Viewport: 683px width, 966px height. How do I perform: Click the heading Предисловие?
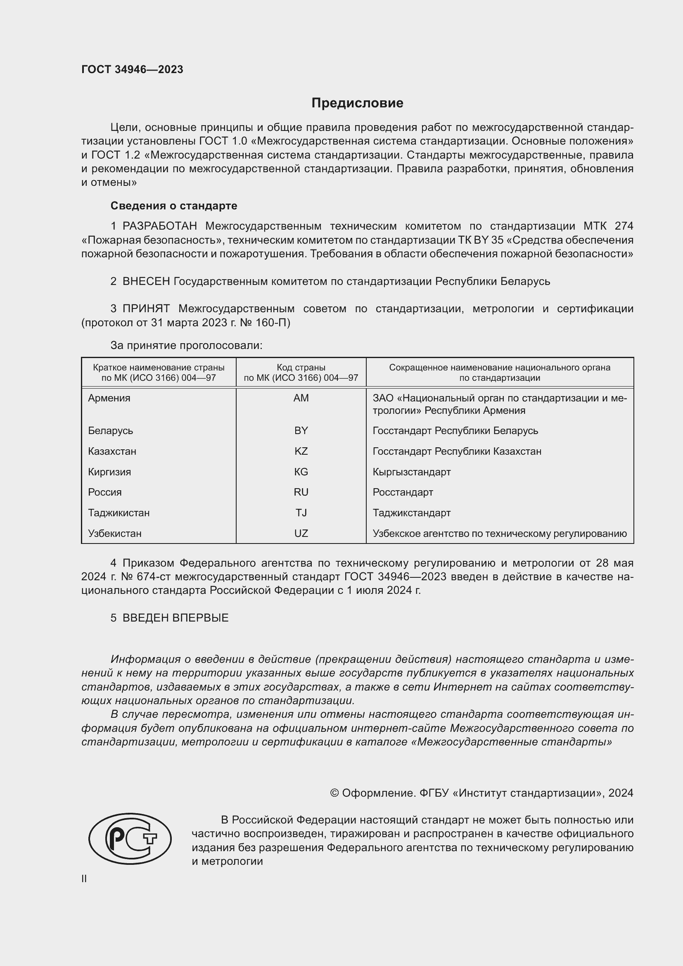click(x=357, y=103)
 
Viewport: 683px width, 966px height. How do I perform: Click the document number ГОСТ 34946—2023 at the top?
click(x=132, y=69)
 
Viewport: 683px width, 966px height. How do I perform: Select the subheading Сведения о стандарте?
click(x=174, y=206)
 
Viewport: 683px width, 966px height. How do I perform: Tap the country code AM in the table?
click(x=301, y=398)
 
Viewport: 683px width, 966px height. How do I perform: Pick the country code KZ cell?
click(x=301, y=451)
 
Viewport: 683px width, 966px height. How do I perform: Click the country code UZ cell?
click(x=301, y=534)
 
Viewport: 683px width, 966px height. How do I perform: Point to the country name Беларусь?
click(x=110, y=431)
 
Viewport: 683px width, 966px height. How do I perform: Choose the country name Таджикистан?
click(x=119, y=513)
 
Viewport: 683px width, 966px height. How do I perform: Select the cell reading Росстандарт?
click(x=403, y=492)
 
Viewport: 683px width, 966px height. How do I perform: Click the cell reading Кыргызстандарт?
click(x=411, y=472)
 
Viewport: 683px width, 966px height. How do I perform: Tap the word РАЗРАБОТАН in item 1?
click(x=159, y=226)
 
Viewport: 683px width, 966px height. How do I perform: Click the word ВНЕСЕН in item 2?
click(x=146, y=282)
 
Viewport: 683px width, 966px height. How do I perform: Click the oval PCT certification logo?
click(x=130, y=838)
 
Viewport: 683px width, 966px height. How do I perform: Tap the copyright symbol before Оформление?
click(x=334, y=793)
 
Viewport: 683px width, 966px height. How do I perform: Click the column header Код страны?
click(x=301, y=367)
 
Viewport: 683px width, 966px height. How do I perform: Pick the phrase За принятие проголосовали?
click(x=186, y=345)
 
